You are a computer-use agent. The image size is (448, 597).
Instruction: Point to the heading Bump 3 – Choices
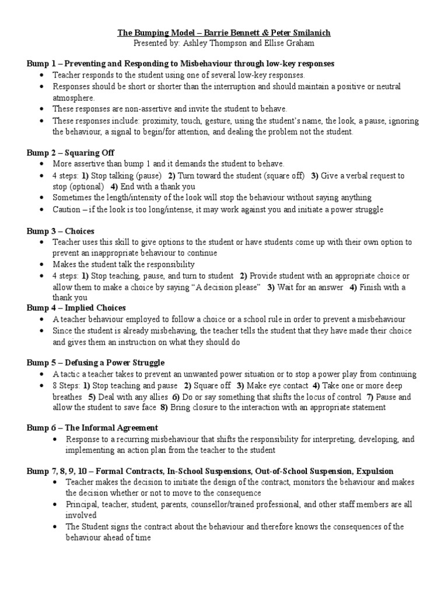click(60, 231)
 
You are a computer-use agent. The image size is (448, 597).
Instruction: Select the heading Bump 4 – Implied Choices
click(76, 308)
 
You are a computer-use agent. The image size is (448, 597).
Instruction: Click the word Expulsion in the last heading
click(374, 470)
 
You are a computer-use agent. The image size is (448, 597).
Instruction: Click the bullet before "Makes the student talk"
click(41, 265)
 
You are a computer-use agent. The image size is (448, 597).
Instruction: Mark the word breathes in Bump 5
click(68, 396)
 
